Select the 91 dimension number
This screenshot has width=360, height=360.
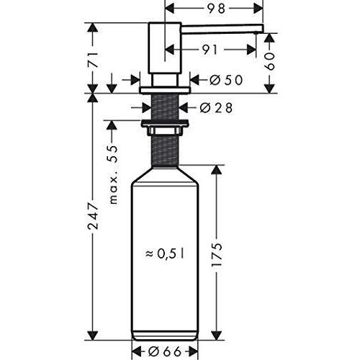(210, 50)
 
